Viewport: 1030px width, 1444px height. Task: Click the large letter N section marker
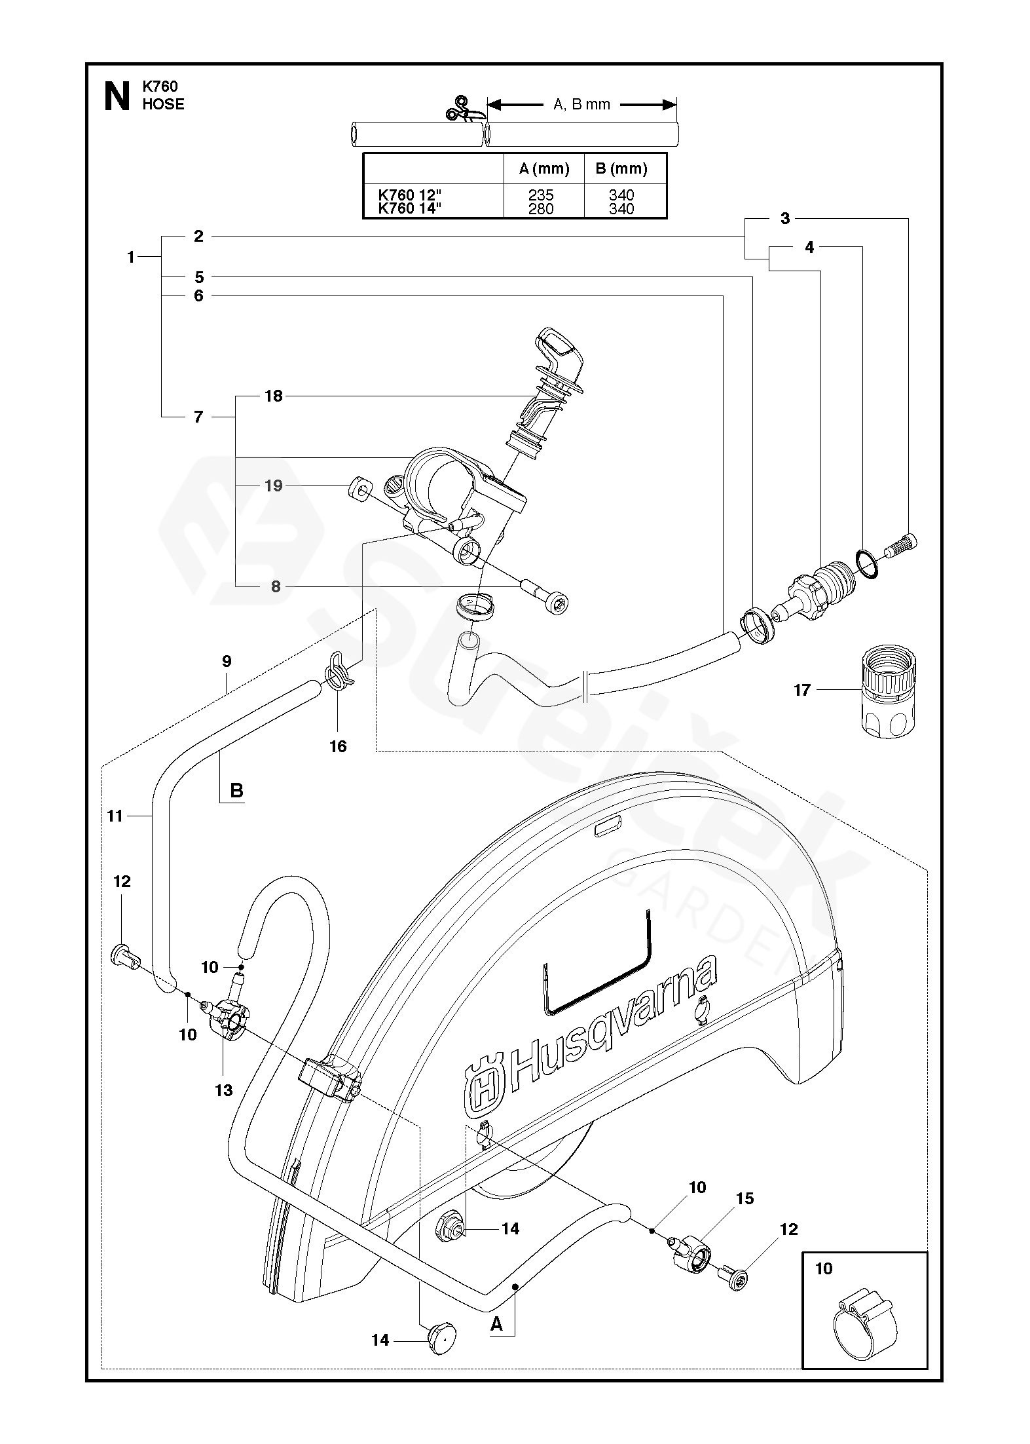[x=117, y=96]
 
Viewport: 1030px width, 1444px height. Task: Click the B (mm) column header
[x=621, y=168]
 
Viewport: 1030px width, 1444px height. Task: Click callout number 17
[x=802, y=690]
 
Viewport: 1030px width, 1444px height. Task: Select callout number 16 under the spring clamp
[x=338, y=746]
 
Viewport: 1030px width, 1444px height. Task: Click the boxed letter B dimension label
[x=236, y=791]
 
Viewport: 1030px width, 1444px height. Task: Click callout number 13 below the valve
[x=224, y=1090]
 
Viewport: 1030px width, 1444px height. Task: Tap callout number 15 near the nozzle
[x=745, y=1198]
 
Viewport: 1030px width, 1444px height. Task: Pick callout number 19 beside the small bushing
[x=273, y=485]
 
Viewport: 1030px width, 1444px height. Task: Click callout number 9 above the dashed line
[x=227, y=661]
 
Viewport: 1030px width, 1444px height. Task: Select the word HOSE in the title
[x=164, y=104]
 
